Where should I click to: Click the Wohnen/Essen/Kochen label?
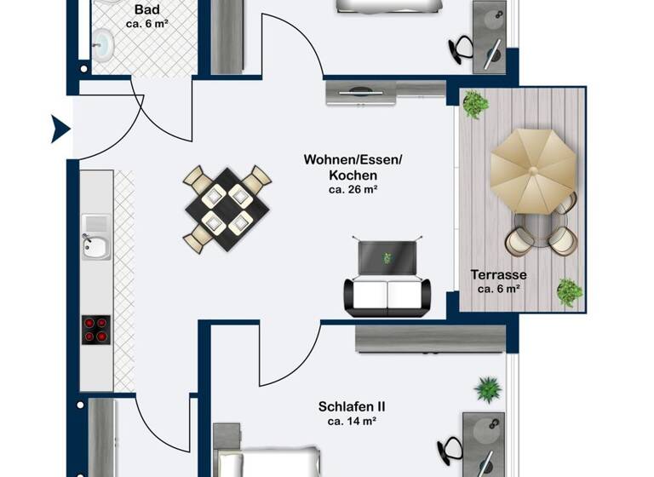[x=353, y=167]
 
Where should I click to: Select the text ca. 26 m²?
[x=353, y=190]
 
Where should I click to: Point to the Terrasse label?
[x=499, y=275]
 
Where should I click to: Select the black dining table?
[x=227, y=209]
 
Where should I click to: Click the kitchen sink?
[x=95, y=246]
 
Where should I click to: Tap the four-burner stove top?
[x=96, y=329]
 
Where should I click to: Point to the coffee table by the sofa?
[x=388, y=257]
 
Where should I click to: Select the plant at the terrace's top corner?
[x=475, y=105]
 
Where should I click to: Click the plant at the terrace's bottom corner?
[x=569, y=292]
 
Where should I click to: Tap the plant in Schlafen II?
[x=489, y=390]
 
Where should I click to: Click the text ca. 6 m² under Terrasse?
[x=499, y=290]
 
